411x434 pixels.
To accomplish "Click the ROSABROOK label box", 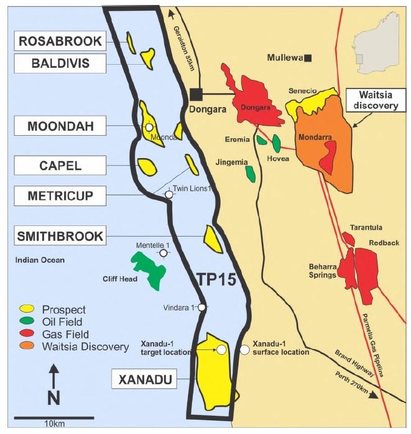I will (60, 41).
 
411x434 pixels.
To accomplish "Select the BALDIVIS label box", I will (60, 62).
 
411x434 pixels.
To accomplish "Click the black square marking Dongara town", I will (196, 94).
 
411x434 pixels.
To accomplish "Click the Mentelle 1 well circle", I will (164, 253).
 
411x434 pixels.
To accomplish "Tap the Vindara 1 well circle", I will (202, 307).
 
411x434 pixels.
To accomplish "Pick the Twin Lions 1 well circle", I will (169, 195).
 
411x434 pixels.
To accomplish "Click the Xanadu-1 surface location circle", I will (245, 350).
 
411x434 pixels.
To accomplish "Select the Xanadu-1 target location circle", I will (221, 350).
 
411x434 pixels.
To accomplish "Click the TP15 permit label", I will (215, 280).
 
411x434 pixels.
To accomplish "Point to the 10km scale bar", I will (53, 417).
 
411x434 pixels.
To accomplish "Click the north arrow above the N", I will (53, 377).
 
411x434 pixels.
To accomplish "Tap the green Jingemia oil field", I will (250, 173).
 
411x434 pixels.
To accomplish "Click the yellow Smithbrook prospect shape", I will (213, 240).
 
